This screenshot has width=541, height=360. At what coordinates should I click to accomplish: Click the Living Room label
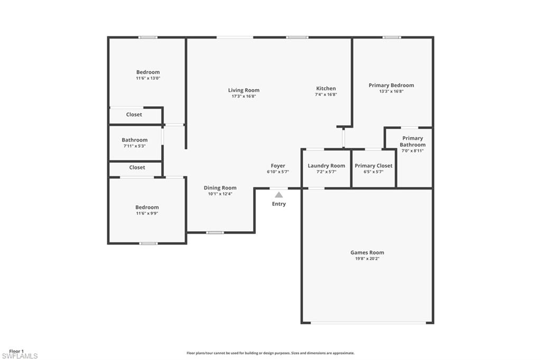(x=244, y=90)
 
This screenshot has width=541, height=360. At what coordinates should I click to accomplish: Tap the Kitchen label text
(x=326, y=89)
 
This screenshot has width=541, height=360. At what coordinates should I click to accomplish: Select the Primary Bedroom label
(x=391, y=85)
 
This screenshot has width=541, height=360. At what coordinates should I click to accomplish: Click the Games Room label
(x=367, y=252)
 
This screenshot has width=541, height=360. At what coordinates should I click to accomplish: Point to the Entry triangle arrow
(x=278, y=195)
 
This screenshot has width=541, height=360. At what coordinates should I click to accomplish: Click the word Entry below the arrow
(x=278, y=204)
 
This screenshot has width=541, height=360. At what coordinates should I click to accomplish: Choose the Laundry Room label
(x=326, y=166)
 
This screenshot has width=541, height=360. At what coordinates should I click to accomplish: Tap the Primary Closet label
(x=373, y=166)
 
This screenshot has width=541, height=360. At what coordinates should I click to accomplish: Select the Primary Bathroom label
(x=412, y=141)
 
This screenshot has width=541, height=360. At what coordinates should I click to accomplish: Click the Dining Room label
(x=220, y=188)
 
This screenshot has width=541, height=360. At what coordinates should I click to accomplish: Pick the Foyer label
(x=278, y=166)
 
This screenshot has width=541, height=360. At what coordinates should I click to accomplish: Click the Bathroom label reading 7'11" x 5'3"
(x=135, y=140)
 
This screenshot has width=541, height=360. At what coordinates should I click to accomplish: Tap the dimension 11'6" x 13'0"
(x=148, y=78)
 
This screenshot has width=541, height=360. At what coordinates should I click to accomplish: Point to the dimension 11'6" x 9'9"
(x=147, y=213)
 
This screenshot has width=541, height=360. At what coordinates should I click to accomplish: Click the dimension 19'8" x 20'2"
(x=367, y=259)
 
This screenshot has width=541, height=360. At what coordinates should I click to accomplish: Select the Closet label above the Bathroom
(x=134, y=115)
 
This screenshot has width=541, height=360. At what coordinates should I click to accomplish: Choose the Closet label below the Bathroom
(x=137, y=167)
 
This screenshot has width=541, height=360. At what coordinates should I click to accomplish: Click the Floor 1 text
(x=16, y=350)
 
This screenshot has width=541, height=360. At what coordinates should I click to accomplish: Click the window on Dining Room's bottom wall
(x=214, y=232)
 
